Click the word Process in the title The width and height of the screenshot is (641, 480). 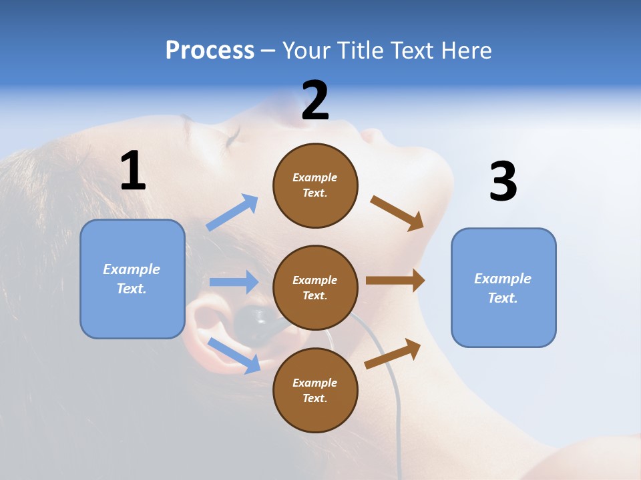[x=210, y=50]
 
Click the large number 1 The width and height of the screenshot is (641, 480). [x=133, y=171]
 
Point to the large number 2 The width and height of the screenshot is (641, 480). [x=315, y=100]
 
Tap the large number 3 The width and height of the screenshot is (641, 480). [x=503, y=182]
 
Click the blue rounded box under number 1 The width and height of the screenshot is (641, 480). [x=132, y=279]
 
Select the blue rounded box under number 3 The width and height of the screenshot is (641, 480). [x=503, y=288]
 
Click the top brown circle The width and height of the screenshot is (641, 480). [x=315, y=185]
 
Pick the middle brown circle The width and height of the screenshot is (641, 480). [x=315, y=287]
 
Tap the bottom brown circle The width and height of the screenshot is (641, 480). [x=315, y=390]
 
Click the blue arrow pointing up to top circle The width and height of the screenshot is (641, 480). [x=232, y=213]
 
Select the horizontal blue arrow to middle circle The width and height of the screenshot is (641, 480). [x=234, y=282]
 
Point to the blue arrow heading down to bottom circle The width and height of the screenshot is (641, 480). [x=234, y=355]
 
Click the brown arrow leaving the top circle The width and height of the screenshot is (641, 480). [x=397, y=213]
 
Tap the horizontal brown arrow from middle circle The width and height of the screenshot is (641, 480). [x=395, y=281]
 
